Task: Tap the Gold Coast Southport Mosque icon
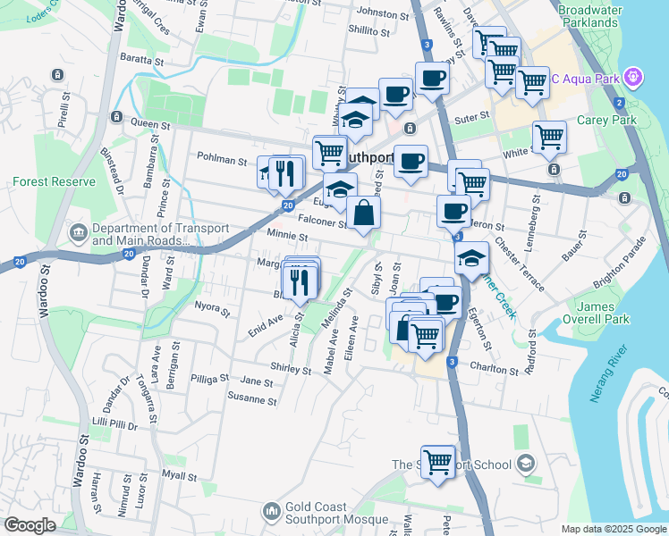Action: [x=272, y=512]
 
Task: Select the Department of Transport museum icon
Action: [x=78, y=234]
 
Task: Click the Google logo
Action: [x=30, y=525]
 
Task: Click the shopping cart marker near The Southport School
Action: [x=437, y=463]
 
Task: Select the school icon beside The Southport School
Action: [x=526, y=464]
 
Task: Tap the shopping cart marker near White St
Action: [x=548, y=136]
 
